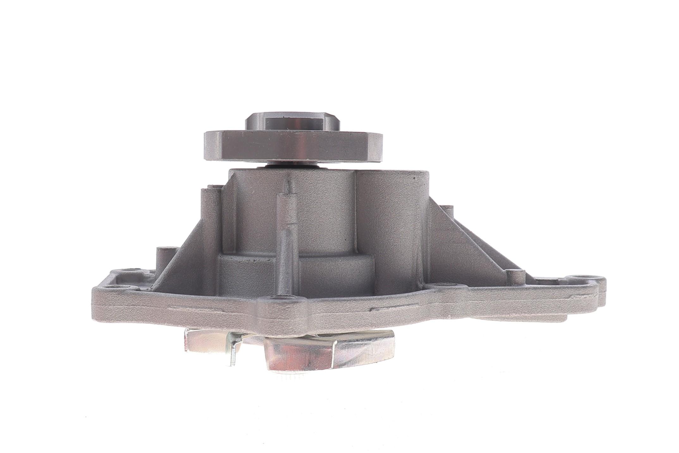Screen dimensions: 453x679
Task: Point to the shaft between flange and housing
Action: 293,164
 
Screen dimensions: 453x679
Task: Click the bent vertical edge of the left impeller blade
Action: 234,351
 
